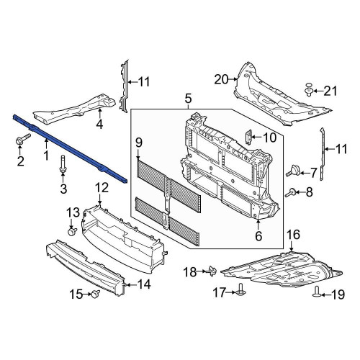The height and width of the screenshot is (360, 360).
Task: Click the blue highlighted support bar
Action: [x=70, y=149]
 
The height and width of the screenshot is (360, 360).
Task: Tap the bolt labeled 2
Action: [x=23, y=139]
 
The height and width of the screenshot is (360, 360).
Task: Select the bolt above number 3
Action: [x=63, y=164]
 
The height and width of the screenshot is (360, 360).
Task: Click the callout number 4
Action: [x=99, y=125]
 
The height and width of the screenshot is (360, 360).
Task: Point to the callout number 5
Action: [x=188, y=99]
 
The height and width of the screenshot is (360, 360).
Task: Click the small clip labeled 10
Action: [x=249, y=138]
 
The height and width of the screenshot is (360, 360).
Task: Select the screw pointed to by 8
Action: [x=290, y=193]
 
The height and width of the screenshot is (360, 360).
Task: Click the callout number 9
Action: [x=138, y=143]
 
